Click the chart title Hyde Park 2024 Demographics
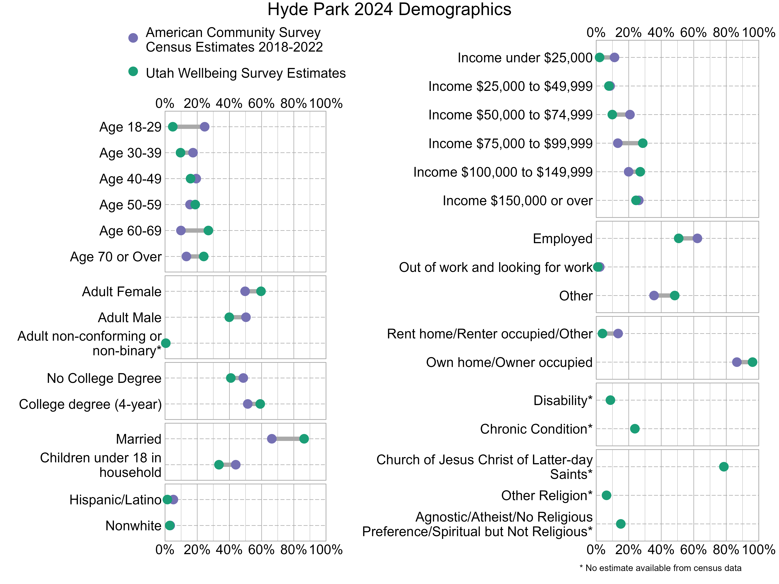click(x=389, y=10)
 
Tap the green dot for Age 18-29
click(x=173, y=127)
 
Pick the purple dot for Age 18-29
click(x=205, y=127)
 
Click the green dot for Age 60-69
click(x=208, y=231)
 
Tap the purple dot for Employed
click(x=697, y=238)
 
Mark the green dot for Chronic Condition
click(x=635, y=429)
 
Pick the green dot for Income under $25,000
click(x=599, y=57)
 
